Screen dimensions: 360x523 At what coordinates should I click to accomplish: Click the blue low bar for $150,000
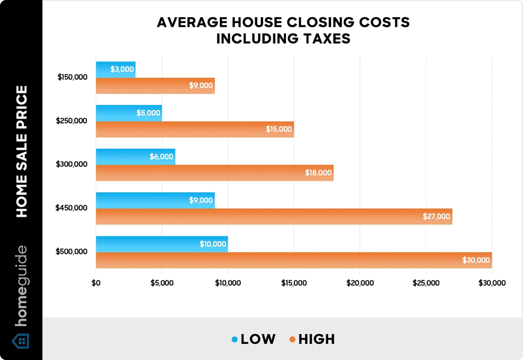pos(115,69)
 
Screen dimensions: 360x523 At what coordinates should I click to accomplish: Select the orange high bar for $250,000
pos(195,129)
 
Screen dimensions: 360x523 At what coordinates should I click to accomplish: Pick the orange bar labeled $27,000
pos(274,216)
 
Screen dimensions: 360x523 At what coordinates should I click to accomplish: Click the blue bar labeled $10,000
pos(161,244)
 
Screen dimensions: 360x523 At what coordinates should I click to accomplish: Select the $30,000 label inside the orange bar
pos(476,260)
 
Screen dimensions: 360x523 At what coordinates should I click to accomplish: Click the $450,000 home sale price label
pos(72,208)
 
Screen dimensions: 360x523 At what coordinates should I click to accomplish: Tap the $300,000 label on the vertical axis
pos(72,164)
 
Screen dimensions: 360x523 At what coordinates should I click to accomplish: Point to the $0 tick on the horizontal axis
pos(97,283)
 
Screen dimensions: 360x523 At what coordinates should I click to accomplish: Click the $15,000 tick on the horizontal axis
pos(294,283)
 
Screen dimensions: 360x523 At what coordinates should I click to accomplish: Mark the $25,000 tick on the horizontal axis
pos(426,283)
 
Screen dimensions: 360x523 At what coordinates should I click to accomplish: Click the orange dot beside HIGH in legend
pos(292,340)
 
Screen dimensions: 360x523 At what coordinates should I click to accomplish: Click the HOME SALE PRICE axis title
pos(21,151)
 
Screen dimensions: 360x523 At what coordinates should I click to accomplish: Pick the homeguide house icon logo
pos(21,341)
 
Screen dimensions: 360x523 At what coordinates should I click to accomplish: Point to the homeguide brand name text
pos(21,286)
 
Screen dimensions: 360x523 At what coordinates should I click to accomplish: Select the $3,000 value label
pos(122,69)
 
